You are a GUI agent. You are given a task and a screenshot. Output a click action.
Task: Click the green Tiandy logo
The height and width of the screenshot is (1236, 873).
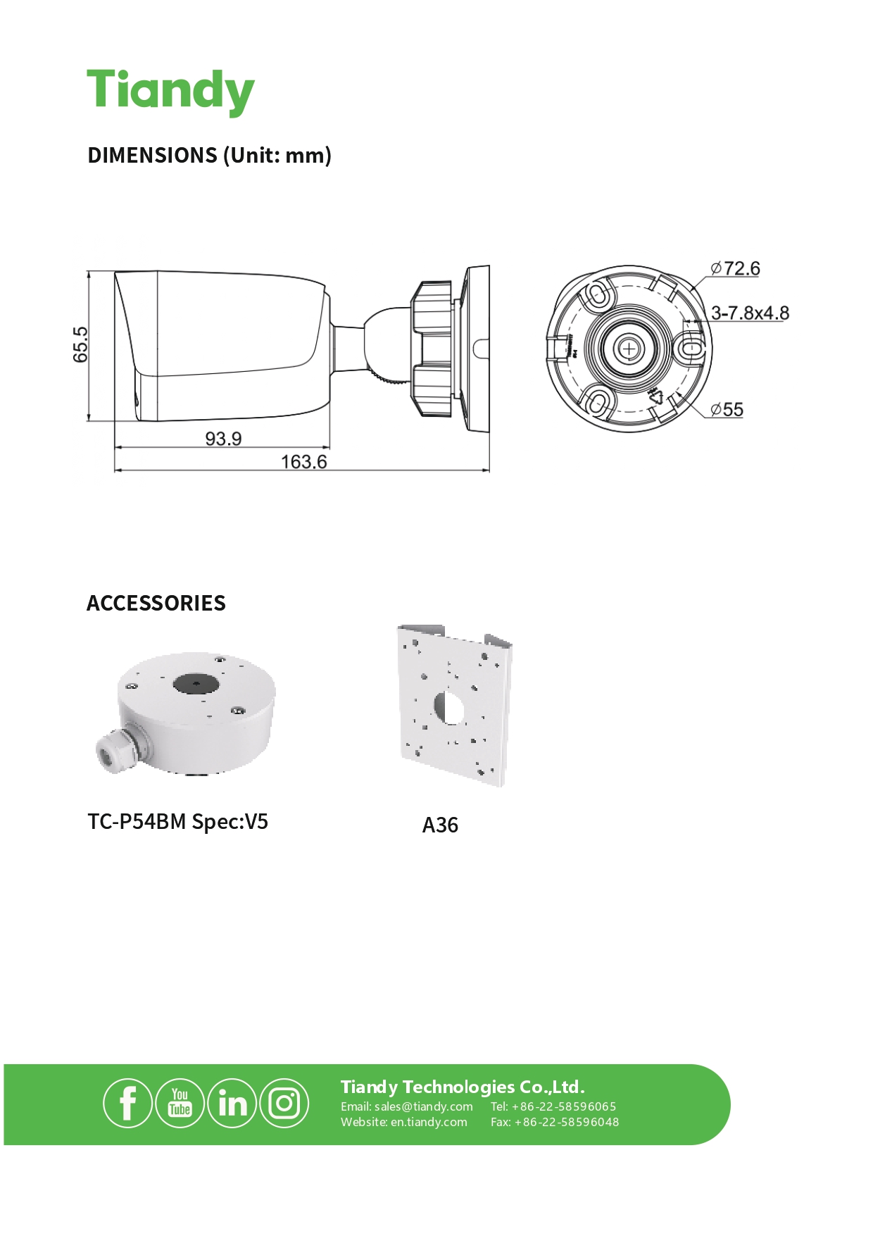[170, 92]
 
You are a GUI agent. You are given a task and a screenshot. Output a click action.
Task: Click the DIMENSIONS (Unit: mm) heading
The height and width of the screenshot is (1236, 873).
[209, 155]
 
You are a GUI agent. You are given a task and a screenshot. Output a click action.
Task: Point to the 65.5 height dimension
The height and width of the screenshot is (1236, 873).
[81, 344]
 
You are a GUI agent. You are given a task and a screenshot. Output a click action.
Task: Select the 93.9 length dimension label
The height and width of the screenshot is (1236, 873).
[223, 439]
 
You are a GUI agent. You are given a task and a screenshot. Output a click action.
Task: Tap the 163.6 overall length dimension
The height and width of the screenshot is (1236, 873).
[303, 462]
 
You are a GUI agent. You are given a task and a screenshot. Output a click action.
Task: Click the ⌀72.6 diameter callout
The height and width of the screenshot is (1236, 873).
[735, 268]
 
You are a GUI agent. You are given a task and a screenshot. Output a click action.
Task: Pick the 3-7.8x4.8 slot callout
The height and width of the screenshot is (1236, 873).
[750, 313]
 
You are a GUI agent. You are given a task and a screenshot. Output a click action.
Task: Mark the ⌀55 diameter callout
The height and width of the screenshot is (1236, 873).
[727, 409]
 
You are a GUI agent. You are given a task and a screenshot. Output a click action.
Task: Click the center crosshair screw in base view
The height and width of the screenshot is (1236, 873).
[629, 348]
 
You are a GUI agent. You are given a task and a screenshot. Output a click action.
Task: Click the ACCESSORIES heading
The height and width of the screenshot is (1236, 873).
[156, 603]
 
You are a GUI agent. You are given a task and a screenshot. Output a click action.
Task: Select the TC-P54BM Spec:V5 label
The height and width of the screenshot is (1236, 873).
[177, 822]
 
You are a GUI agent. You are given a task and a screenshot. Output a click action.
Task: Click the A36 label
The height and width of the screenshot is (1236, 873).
[440, 825]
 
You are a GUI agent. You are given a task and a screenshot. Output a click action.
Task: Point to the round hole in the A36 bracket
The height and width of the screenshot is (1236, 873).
[449, 707]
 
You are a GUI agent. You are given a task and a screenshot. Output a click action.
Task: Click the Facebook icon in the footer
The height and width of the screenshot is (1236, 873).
[127, 1104]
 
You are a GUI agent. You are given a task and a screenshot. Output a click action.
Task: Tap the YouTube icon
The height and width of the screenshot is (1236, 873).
[180, 1104]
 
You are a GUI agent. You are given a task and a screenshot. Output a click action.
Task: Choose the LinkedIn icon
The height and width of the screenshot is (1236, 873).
[232, 1104]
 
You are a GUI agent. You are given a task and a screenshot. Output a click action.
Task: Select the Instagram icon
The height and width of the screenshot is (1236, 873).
[284, 1104]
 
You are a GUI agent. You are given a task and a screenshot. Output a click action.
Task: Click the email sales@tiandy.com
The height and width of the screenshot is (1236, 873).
[423, 1106]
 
